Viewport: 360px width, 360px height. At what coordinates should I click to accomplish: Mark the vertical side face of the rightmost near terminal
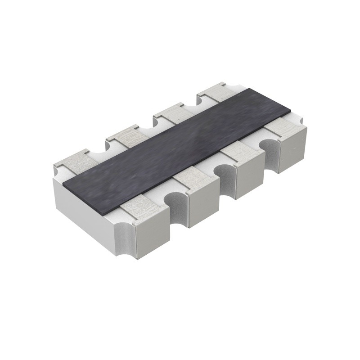pos(292,151)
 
